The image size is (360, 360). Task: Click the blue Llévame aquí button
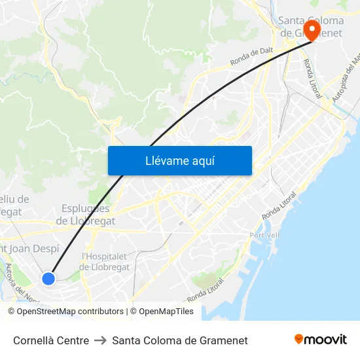(x=180, y=160)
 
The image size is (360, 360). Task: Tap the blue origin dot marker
(x=48, y=279)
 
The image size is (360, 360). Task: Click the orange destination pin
(x=312, y=31)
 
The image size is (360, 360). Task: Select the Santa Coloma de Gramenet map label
(x=311, y=27)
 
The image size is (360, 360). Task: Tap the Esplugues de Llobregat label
(x=85, y=215)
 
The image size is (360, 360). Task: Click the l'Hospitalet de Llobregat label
(x=105, y=262)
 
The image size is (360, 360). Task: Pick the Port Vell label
(x=265, y=235)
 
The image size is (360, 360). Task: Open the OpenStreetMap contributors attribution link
(x=70, y=312)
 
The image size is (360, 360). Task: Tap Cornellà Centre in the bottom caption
(x=51, y=340)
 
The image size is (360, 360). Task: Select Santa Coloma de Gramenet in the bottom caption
(x=180, y=340)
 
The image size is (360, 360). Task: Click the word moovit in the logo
(x=325, y=340)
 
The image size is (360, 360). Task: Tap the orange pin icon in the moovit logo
(x=299, y=340)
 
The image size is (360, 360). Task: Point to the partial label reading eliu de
(x=14, y=199)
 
